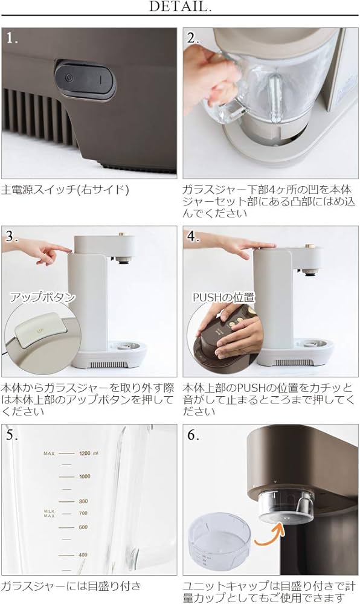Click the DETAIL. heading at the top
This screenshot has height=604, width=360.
pos(180,8)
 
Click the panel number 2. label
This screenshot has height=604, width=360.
pos(193,37)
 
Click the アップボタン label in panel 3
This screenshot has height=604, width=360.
pos(42,297)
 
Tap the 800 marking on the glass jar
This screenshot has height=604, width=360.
pos(83,501)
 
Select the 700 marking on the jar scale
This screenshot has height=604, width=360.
pos(83,513)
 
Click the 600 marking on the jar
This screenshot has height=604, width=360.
pos(83,527)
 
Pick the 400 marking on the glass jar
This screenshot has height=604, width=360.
pos(83,554)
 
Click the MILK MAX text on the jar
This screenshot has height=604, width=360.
pos(49,513)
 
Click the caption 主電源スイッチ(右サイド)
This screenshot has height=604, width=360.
pos(65,189)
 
